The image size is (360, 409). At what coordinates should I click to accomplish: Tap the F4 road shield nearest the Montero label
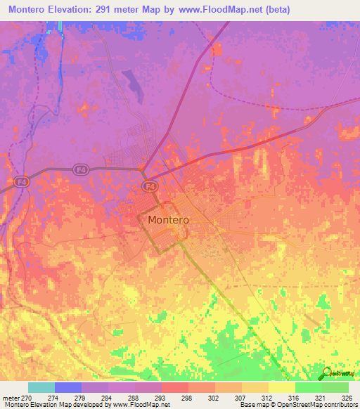[148, 186]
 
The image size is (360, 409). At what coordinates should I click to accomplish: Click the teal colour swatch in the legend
[41, 387]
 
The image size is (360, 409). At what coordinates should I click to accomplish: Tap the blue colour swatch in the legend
[67, 387]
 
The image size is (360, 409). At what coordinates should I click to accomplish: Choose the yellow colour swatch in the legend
[281, 387]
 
